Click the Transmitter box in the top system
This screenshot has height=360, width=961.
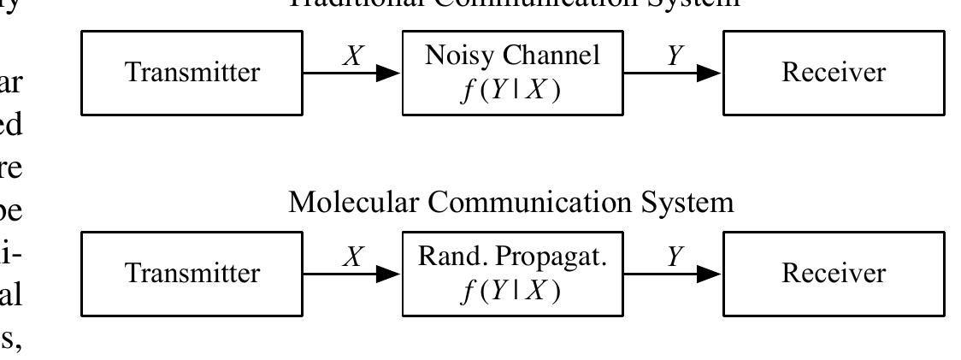[192, 73]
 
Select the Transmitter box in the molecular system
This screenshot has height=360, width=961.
[192, 274]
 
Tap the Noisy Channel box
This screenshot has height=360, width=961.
[513, 73]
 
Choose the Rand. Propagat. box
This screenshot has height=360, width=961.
[513, 274]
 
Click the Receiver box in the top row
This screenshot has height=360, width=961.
[834, 73]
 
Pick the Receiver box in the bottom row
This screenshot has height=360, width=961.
[834, 274]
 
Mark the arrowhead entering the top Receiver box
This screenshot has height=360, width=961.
[712, 74]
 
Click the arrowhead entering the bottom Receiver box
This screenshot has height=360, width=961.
[712, 274]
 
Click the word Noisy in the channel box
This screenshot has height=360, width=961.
[454, 56]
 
